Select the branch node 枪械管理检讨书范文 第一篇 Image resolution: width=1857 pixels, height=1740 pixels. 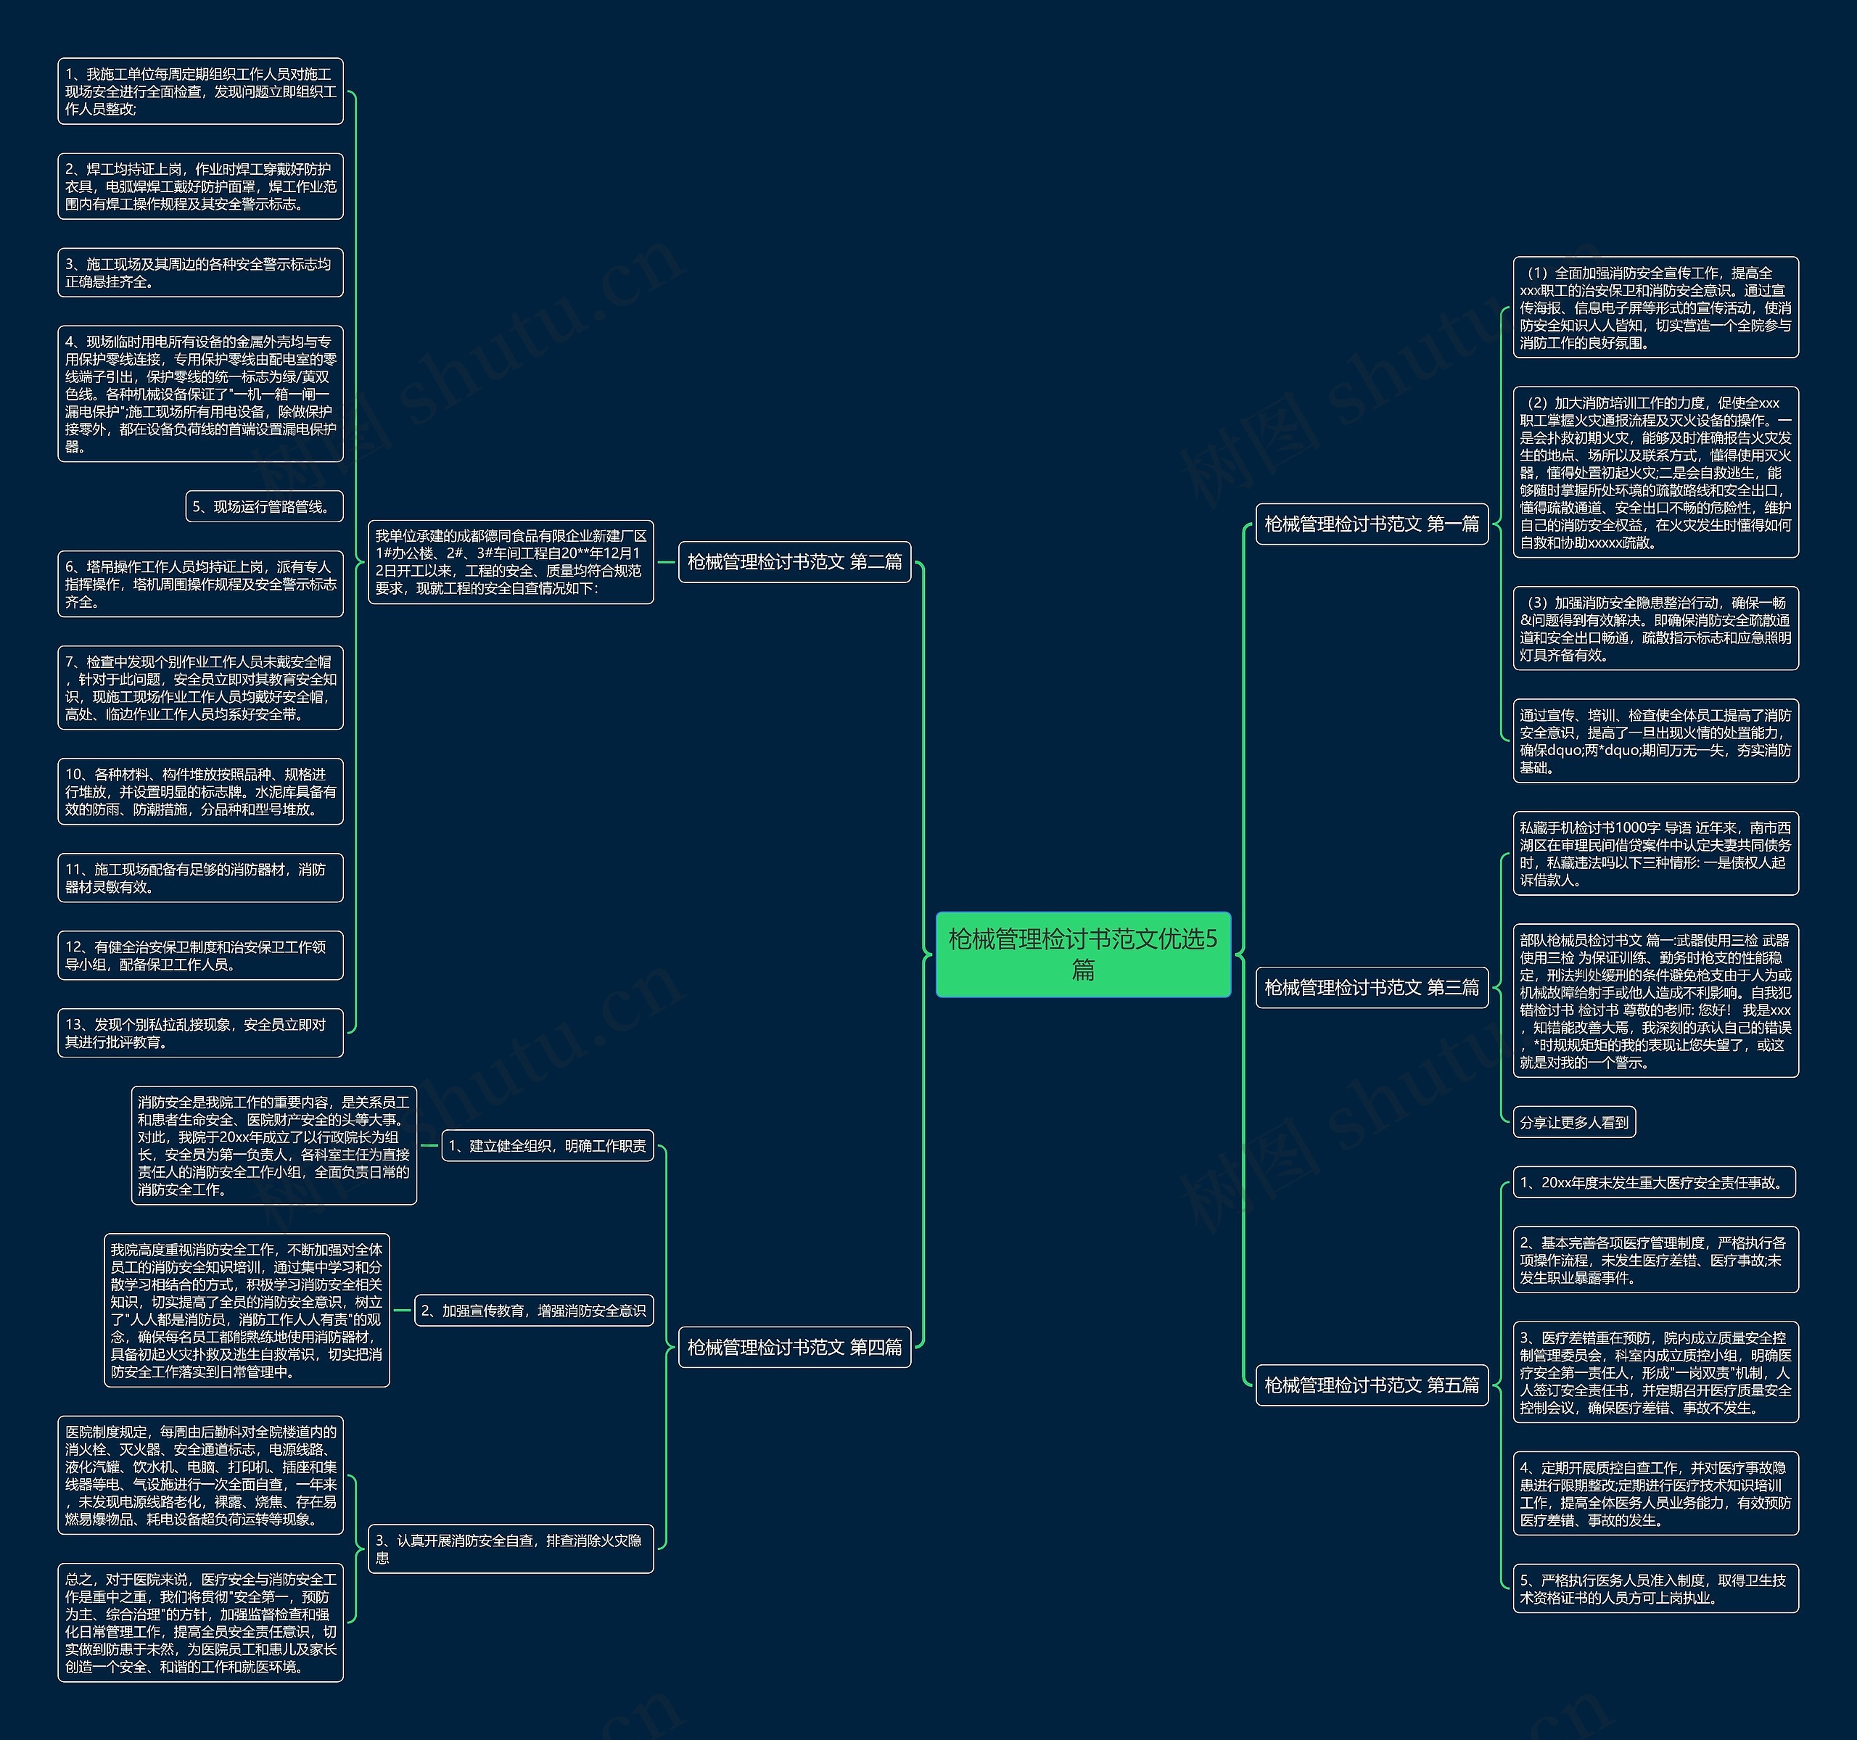click(x=1371, y=524)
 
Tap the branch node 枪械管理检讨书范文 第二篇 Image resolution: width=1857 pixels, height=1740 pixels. click(x=794, y=562)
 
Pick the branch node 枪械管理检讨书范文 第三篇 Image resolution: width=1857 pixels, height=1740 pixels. click(x=1371, y=987)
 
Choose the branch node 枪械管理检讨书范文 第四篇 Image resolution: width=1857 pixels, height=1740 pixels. click(x=794, y=1347)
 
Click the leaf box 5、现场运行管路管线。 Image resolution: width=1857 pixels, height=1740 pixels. click(x=264, y=506)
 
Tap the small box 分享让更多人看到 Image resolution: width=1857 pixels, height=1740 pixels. click(x=1574, y=1123)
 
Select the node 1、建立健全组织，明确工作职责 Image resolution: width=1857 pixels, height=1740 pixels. click(x=548, y=1146)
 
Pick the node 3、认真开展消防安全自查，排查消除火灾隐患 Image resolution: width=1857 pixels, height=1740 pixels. click(x=511, y=1549)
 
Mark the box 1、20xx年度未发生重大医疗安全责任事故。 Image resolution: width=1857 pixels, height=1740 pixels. click(x=1655, y=1182)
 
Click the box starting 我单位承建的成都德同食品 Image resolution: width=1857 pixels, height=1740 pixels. click(x=511, y=562)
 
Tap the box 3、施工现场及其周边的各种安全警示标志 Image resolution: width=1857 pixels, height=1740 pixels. click(x=200, y=273)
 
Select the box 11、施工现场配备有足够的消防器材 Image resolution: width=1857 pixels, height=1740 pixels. click(x=200, y=878)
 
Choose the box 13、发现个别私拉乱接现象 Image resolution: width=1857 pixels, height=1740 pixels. click(x=200, y=1033)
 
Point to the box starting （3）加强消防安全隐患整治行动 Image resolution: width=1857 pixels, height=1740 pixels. click(x=1655, y=629)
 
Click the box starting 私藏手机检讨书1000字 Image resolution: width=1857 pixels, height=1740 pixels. click(x=1655, y=854)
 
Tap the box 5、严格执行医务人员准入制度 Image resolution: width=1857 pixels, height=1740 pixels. click(x=1655, y=1588)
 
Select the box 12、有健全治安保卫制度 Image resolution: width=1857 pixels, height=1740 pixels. click(x=200, y=955)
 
